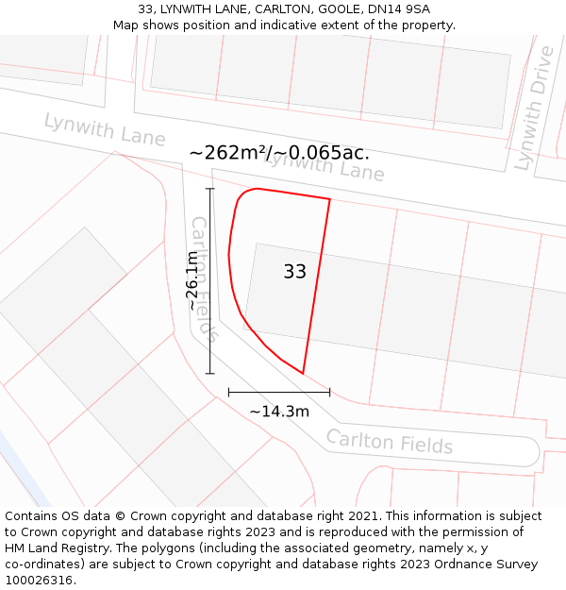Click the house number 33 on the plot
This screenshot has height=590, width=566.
pos(294,272)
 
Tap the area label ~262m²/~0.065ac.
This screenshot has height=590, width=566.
pos(279,153)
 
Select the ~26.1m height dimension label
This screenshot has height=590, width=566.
pos(192,280)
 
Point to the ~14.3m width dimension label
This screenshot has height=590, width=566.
pos(279,412)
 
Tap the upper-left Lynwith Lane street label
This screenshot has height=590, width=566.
pos(105,129)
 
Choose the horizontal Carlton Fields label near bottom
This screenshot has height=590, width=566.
pos(390,442)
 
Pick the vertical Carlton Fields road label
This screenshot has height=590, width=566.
pos(205,278)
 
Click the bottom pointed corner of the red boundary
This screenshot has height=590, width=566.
pos(303,373)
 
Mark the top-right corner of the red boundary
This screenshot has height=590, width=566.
pos(329,199)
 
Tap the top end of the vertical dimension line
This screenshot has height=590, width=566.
pos(210,189)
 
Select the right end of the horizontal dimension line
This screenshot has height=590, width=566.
pos(330,392)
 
